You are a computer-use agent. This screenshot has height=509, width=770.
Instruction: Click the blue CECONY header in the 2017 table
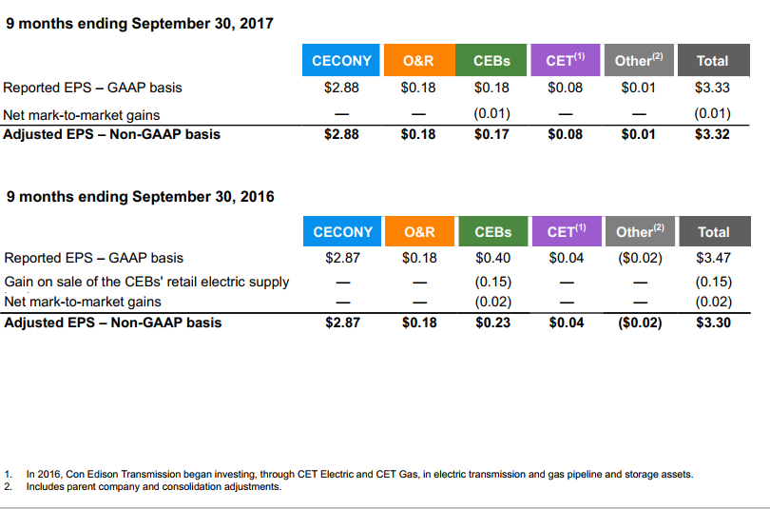point(341,60)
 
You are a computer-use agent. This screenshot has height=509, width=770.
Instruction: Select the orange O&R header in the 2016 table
point(420,231)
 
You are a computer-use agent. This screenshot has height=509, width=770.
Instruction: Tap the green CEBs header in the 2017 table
point(491,60)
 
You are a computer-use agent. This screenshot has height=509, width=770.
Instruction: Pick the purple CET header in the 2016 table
point(567,231)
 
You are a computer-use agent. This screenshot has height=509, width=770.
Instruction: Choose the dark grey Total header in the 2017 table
point(714,60)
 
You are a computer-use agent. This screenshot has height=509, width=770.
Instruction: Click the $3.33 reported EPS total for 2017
point(712,88)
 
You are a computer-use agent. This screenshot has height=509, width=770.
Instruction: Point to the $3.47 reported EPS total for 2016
point(713,258)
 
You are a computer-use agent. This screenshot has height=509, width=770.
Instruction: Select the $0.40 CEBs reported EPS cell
point(492,258)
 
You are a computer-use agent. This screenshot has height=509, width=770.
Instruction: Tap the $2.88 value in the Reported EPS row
point(341,88)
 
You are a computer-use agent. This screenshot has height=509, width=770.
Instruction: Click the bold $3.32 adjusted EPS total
point(712,134)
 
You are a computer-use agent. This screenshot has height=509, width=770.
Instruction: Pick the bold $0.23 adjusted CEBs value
point(492,323)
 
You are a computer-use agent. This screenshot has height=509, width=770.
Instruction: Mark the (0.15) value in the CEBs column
point(493,282)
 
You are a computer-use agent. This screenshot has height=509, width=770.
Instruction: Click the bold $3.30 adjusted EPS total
point(713,323)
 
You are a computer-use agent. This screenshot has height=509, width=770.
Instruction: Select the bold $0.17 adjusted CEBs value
point(491,134)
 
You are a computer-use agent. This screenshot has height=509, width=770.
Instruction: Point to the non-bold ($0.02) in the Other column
point(640,258)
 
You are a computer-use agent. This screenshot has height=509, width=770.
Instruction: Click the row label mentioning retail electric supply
point(146,282)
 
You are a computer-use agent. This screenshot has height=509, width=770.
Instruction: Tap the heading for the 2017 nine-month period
point(140,24)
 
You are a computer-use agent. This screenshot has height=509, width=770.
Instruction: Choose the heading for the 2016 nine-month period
point(140,197)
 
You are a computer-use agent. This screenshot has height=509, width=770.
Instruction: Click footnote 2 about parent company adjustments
point(143,487)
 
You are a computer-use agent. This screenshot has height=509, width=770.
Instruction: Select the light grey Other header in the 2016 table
point(640,231)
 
